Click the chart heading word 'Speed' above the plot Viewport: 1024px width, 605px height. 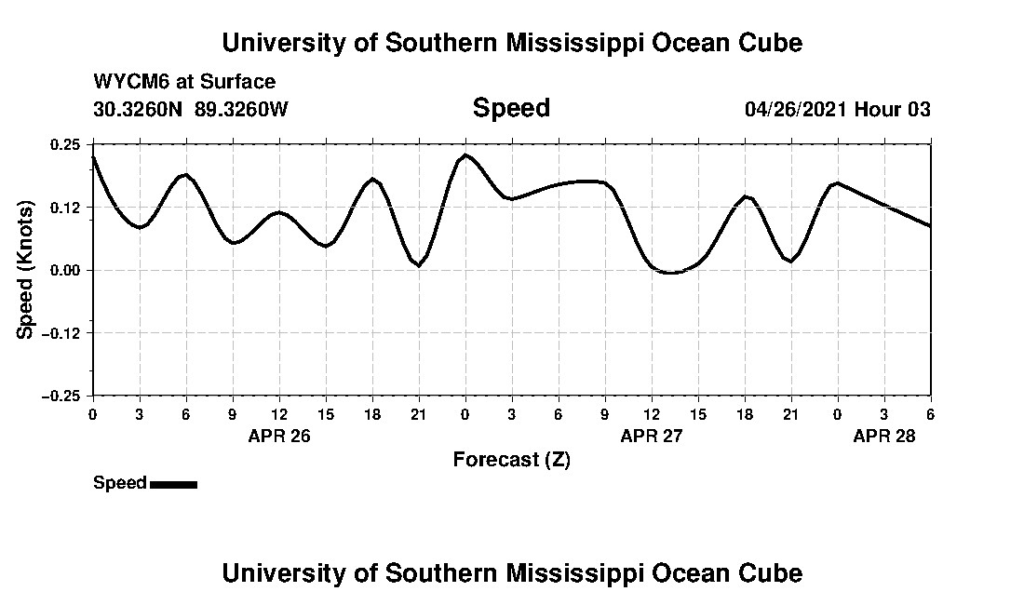click(511, 108)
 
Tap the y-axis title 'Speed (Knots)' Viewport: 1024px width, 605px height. click(26, 269)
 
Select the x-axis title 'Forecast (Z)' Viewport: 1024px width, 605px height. click(511, 459)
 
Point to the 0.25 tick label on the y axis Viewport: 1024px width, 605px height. click(66, 144)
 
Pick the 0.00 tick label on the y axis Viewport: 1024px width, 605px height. click(66, 270)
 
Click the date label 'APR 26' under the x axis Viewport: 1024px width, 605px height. click(279, 436)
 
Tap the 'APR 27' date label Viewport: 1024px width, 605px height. click(652, 436)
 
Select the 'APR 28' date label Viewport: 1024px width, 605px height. click(884, 436)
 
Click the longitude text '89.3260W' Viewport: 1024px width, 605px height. click(242, 109)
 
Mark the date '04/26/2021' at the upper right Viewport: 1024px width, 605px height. click(796, 109)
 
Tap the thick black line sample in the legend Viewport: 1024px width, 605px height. click(173, 484)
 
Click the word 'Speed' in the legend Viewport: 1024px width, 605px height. click(120, 483)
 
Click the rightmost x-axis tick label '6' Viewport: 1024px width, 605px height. click(931, 413)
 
